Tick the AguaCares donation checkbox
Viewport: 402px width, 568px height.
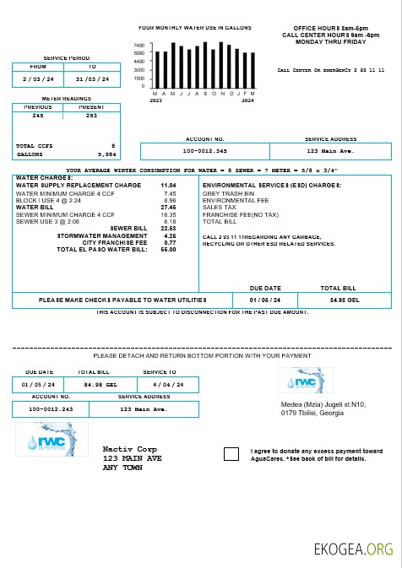tap(231, 454)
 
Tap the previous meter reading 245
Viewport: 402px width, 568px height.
tap(38, 116)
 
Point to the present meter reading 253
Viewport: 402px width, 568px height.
tap(91, 116)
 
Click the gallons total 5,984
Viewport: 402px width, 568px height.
tap(106, 154)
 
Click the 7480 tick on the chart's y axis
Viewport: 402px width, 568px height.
tap(139, 46)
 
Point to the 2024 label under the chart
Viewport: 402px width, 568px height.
tap(247, 100)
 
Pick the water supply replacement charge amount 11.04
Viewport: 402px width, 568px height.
tap(168, 185)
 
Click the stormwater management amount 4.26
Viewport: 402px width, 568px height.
tap(169, 235)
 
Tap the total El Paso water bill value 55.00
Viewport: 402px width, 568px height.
tap(168, 249)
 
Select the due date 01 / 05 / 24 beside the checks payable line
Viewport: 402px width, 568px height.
tap(265, 300)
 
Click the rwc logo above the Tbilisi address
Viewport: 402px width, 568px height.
tap(306, 381)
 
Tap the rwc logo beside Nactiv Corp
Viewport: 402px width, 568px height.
tap(51, 439)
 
